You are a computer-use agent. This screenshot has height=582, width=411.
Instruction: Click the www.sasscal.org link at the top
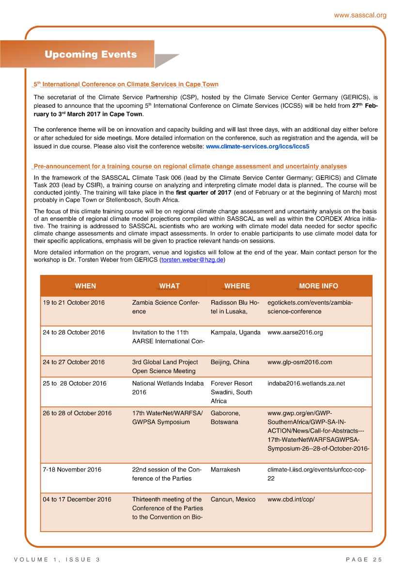tap(360, 16)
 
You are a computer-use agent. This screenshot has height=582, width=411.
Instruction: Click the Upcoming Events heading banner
tap(91, 54)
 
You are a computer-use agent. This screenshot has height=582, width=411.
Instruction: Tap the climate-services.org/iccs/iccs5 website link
tap(257, 146)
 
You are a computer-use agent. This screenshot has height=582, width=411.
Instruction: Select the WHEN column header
tap(85, 286)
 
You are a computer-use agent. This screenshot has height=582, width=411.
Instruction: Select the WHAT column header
tap(169, 286)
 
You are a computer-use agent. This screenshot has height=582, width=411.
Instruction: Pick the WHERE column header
tap(237, 286)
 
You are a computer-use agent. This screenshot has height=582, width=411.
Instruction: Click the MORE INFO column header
tap(318, 286)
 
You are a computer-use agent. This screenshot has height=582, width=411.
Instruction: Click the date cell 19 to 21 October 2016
tap(74, 303)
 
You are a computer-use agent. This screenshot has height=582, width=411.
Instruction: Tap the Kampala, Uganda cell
tap(236, 333)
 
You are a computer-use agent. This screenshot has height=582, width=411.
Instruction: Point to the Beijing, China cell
tap(230, 362)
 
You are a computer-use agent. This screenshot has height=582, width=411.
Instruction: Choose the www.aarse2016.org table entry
tap(295, 333)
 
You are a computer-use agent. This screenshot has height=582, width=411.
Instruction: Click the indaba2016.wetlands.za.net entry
tap(306, 384)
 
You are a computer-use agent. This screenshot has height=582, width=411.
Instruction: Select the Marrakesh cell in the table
tap(225, 470)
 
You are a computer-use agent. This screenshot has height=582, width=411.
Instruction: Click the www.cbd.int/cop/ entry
tap(291, 500)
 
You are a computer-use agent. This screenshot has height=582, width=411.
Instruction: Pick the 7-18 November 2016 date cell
tap(72, 470)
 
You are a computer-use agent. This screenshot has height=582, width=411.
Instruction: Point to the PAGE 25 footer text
tap(364, 560)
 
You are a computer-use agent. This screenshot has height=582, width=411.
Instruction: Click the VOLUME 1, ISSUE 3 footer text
tap(57, 560)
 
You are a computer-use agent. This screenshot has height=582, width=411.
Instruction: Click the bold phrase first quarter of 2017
tap(204, 193)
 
